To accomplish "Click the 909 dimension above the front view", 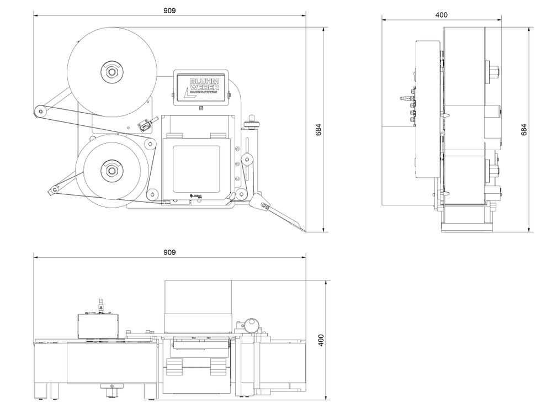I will click(169, 10).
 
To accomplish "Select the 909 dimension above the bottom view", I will click(169, 252).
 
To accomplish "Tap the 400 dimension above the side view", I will click(441, 15).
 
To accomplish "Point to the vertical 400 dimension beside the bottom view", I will click(321, 339).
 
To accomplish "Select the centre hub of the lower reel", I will click(112, 170).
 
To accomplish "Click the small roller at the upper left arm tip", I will click(40, 112).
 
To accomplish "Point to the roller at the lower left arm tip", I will click(52, 190).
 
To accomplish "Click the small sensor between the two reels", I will click(145, 125).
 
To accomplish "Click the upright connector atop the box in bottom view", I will click(100, 304).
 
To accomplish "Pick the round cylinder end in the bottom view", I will click(252, 322).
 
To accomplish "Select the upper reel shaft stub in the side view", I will click(493, 71).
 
